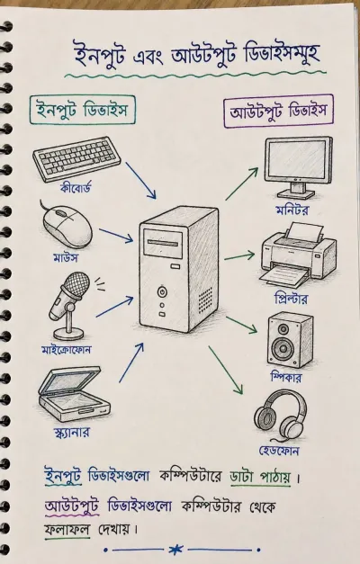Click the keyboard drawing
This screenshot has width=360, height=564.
click(x=76, y=158)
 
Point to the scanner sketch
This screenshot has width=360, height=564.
click(x=74, y=394)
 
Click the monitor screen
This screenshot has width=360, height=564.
click(x=298, y=158)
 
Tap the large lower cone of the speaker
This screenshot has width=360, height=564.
click(x=282, y=348)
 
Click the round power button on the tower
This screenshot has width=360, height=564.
click(x=162, y=291)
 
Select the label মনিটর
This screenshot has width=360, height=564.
click(x=292, y=210)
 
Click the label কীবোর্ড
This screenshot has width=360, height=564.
click(x=76, y=188)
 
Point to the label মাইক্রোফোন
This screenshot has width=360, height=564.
click(x=67, y=349)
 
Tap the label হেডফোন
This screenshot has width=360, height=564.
click(x=279, y=451)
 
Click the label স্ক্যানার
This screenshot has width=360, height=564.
click(x=71, y=432)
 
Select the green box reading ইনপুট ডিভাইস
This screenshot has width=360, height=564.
click(x=83, y=110)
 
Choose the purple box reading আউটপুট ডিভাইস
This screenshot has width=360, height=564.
click(x=279, y=111)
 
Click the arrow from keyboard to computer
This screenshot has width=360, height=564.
click(x=140, y=180)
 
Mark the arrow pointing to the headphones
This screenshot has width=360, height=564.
click(x=225, y=370)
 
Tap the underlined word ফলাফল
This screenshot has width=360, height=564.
click(x=67, y=530)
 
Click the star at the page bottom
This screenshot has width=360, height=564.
click(x=176, y=550)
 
